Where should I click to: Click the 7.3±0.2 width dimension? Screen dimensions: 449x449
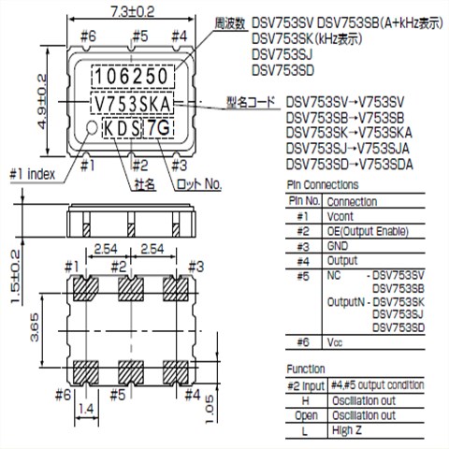(x=133, y=12)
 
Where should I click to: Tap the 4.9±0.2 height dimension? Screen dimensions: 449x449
(x=42, y=101)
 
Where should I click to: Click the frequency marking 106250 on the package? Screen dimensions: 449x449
(x=132, y=77)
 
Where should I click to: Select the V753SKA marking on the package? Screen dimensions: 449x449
(x=133, y=104)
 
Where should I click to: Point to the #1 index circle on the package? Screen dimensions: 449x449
(x=92, y=127)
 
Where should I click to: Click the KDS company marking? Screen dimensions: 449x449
(x=122, y=128)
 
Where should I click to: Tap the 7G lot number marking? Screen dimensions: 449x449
(x=158, y=127)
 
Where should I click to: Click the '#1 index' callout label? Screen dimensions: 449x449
(x=33, y=174)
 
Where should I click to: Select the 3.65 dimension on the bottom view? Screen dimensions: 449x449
(x=35, y=327)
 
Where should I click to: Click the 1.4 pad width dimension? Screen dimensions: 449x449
(x=86, y=409)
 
